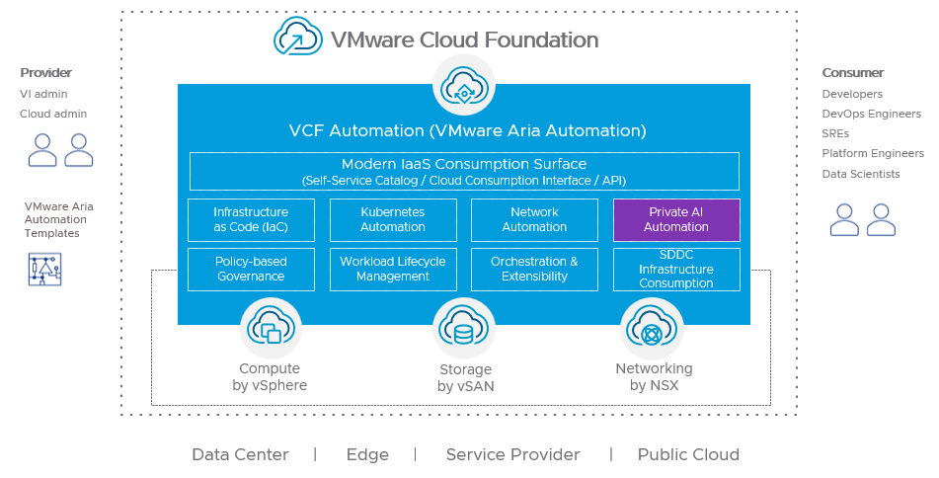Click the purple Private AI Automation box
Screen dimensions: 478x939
click(x=676, y=219)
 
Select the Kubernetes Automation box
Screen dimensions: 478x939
click(x=393, y=219)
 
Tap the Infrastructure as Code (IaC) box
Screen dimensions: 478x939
click(x=251, y=219)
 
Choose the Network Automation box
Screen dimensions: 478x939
click(x=534, y=219)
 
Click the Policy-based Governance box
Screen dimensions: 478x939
click(x=251, y=269)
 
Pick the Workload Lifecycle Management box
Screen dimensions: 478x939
click(x=393, y=269)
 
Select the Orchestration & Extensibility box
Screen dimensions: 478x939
click(x=534, y=269)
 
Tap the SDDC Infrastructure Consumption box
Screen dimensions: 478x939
click(x=676, y=269)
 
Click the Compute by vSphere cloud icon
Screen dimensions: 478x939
click(x=270, y=329)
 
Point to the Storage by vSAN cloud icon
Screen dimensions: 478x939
click(x=464, y=329)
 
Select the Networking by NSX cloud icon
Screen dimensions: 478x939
click(x=652, y=329)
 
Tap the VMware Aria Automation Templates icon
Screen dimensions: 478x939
click(x=44, y=269)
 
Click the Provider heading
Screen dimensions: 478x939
click(x=46, y=73)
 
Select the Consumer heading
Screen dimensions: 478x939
click(x=852, y=73)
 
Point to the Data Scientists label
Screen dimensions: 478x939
click(x=861, y=174)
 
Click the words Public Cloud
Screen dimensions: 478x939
click(x=688, y=455)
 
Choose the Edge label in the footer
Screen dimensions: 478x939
click(x=367, y=455)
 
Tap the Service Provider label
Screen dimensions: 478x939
click(x=512, y=455)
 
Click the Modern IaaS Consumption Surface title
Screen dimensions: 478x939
click(x=464, y=164)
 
